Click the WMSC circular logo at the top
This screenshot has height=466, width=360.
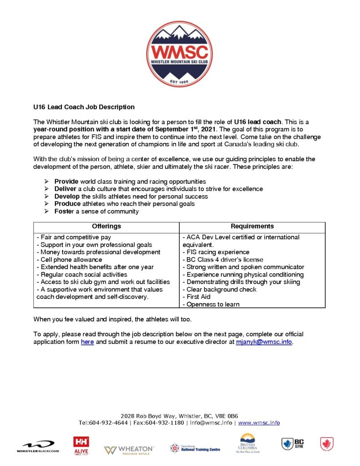point(179,54)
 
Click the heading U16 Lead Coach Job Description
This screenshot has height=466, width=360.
point(84,107)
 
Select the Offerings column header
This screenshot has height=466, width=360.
point(106,226)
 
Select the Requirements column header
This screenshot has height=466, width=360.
point(252,226)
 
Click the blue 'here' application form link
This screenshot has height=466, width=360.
point(87,342)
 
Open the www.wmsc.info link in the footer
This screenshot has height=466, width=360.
point(259,423)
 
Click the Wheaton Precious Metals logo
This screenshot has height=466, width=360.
point(129,450)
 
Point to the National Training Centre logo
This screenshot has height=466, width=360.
point(195,448)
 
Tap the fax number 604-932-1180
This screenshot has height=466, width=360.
point(166,423)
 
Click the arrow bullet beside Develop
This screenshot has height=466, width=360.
point(46,197)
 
